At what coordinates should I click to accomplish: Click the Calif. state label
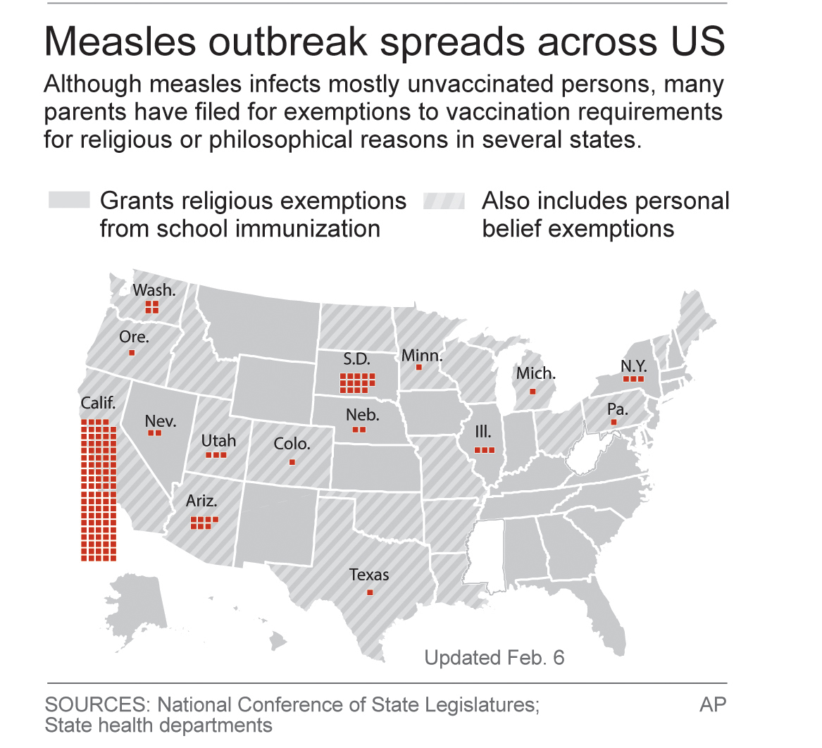coord(98,403)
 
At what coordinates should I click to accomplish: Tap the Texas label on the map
coord(369,575)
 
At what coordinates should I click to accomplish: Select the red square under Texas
coord(370,592)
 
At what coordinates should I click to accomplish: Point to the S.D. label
coord(356,359)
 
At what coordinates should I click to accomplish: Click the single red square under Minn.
coord(419,367)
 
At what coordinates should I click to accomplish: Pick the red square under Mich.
coord(533,391)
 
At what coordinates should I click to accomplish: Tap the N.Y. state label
coord(633,366)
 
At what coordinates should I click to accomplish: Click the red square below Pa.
coord(614,422)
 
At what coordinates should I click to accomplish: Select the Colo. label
coord(292,444)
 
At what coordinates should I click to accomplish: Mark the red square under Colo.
coord(292,462)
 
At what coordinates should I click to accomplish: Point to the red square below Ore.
coord(132,352)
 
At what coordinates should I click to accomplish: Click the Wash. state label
coord(154,289)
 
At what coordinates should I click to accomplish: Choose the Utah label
coord(218,441)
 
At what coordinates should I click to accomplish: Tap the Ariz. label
coord(201,501)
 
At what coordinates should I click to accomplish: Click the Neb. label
coord(362,415)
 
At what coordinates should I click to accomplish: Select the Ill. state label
coord(483,432)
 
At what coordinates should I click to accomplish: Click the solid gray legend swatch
coord(69,201)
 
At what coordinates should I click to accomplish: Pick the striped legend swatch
coord(444,201)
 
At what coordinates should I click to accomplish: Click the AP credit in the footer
coord(713,705)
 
